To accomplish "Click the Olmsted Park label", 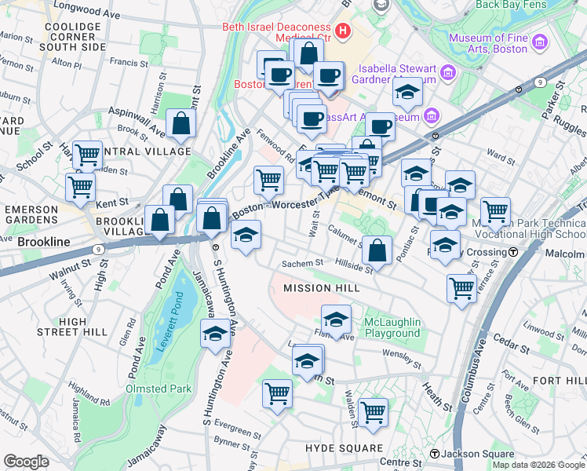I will (158, 389).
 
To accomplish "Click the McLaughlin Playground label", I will (392, 327).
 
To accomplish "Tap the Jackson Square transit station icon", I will (434, 454).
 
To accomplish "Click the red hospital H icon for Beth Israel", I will (342, 31).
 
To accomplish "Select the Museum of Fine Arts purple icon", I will (538, 42).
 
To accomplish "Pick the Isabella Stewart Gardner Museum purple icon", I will (448, 73).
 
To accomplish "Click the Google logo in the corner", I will (26, 462).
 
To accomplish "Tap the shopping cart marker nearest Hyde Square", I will (372, 411).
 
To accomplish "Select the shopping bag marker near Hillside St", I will (377, 250).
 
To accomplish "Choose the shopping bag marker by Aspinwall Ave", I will (180, 123).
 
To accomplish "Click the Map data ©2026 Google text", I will (538, 465).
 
